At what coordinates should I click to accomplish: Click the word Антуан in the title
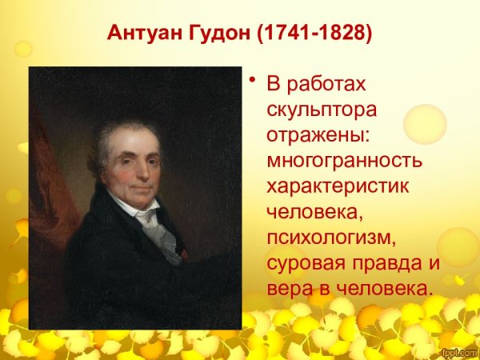140,36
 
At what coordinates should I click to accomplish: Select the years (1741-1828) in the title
306,36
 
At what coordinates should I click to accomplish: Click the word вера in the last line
287,288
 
